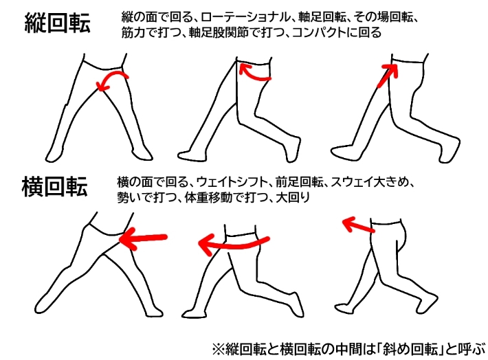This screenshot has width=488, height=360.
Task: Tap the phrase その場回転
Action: pos(392,16)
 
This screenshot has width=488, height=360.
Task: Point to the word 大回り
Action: pos(293,197)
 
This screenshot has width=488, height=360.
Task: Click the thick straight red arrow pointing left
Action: pos(144,238)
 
